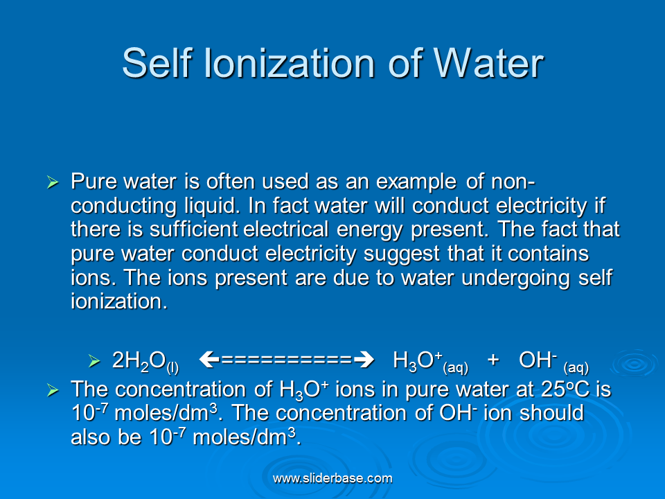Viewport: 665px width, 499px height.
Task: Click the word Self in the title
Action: click(157, 63)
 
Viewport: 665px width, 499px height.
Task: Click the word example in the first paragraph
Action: click(416, 182)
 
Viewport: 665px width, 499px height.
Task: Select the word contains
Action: click(549, 254)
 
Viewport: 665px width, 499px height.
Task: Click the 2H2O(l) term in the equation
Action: click(145, 362)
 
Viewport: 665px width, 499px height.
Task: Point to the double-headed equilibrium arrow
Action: click(287, 360)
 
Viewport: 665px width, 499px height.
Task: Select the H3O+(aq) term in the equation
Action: click(430, 362)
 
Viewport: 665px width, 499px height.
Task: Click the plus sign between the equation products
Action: click(493, 360)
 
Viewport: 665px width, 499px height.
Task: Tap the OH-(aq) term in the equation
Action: click(554, 362)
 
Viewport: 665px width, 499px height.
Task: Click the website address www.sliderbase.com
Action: click(332, 479)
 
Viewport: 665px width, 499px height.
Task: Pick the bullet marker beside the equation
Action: click(94, 361)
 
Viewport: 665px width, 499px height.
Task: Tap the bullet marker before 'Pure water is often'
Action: click(53, 182)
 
